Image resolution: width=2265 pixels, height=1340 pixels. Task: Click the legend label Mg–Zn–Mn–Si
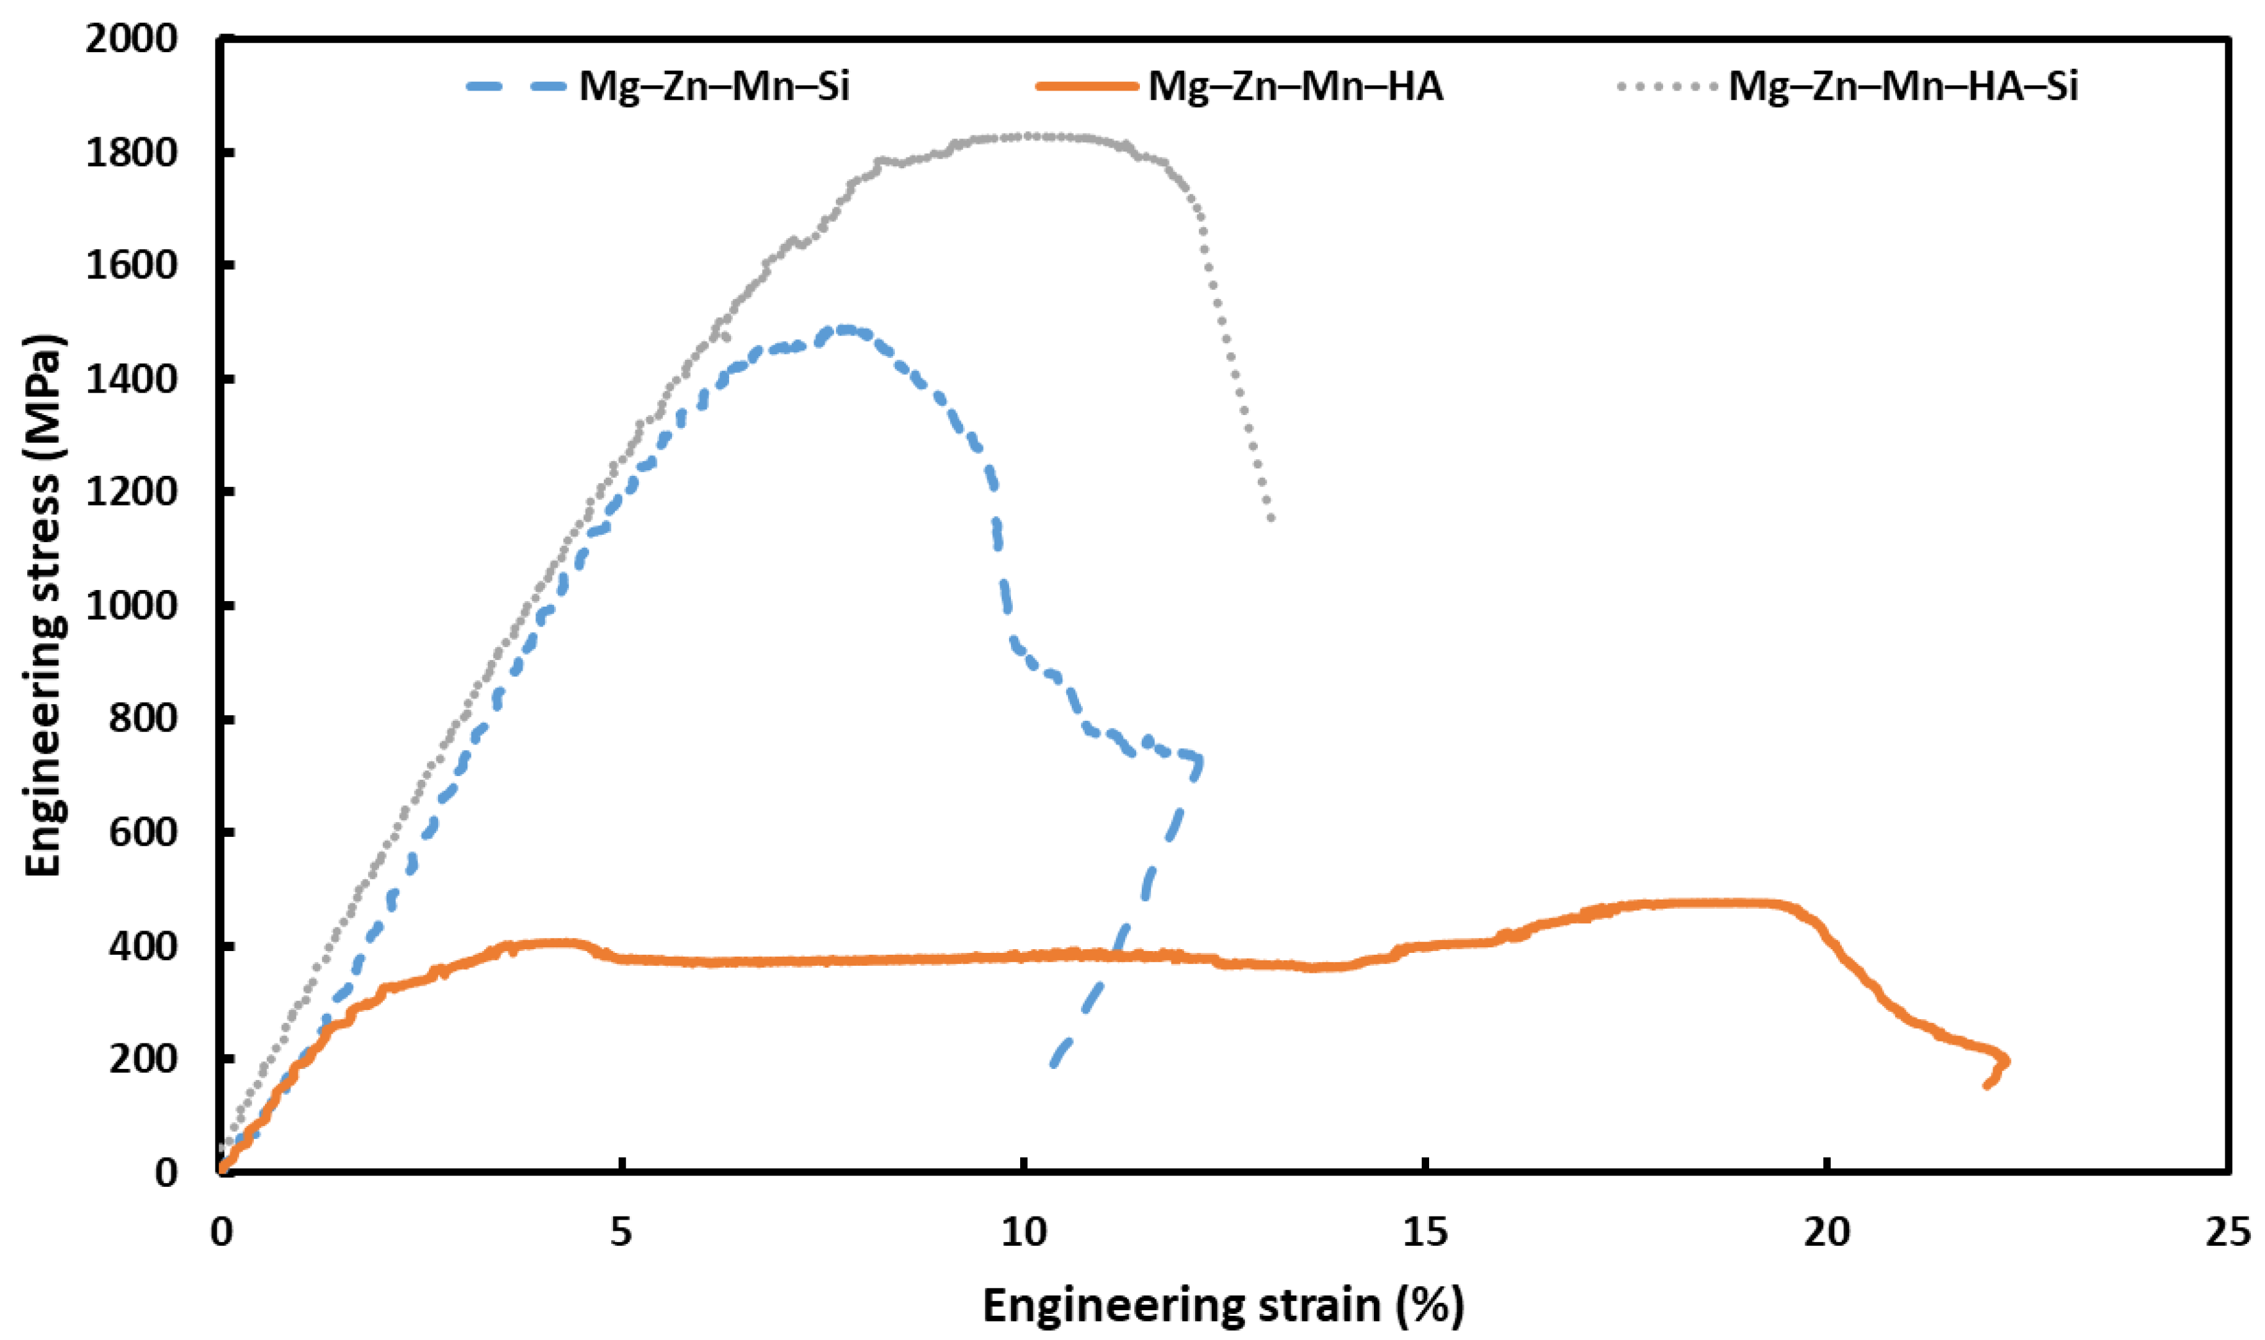pos(714,87)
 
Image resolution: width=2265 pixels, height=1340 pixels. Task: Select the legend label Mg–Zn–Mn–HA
pos(1295,87)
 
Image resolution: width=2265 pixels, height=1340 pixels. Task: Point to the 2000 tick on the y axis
pos(132,39)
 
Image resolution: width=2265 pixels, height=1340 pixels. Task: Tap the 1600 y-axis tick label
pos(132,266)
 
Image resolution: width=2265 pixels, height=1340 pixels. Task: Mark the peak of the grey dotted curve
pos(1021,136)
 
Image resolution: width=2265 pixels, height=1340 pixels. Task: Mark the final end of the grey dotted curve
pos(1272,518)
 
